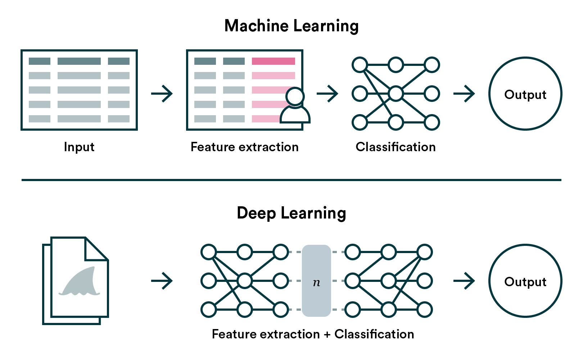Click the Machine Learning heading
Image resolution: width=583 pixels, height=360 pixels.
point(291,26)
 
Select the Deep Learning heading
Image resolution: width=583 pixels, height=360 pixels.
point(291,213)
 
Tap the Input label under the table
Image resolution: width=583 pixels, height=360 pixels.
point(79,147)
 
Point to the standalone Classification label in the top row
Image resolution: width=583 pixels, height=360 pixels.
point(396,147)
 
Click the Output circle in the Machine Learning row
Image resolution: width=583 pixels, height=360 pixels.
point(525,94)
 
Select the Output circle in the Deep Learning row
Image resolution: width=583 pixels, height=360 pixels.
point(525,281)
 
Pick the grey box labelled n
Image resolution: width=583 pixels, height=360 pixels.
point(316,281)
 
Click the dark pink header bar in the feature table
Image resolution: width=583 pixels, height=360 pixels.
point(273,61)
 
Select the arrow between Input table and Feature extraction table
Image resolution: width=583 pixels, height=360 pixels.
point(162,94)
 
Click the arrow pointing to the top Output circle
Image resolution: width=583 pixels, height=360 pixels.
point(464,94)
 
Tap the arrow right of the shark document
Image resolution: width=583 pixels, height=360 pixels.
point(162,281)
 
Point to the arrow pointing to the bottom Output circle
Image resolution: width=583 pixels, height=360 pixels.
point(464,281)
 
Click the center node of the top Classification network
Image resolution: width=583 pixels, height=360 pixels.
point(396,94)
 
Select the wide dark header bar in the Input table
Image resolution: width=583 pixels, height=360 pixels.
point(79,61)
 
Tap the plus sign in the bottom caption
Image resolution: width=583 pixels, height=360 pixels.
point(327,334)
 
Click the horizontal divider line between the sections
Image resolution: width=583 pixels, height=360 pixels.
point(291,180)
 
